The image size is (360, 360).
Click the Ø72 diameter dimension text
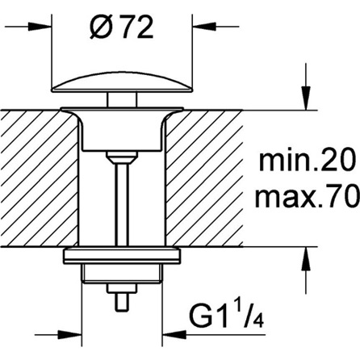122,28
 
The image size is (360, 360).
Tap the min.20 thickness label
306,161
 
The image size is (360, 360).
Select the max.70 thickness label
307,197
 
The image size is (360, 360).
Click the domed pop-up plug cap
122,82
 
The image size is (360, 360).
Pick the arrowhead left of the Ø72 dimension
40,27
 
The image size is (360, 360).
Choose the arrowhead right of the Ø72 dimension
204,27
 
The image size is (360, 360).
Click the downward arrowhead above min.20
306,98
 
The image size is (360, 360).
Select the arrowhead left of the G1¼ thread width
70,335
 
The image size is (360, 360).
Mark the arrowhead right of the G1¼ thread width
174,335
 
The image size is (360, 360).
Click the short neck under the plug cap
122,100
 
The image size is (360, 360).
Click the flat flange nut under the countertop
122,255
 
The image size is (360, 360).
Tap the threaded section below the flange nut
122,273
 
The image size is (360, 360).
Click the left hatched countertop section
39,178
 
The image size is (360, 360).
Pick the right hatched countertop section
204,178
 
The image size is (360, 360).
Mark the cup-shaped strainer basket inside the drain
122,130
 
